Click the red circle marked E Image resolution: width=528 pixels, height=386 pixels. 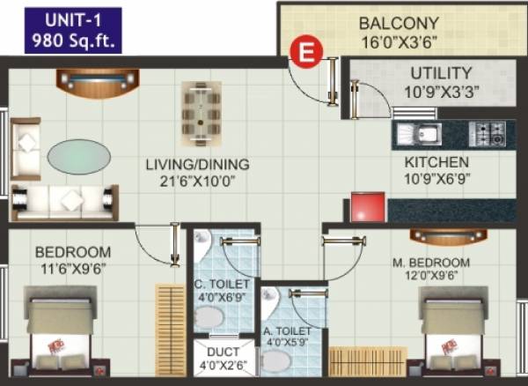pos(305,52)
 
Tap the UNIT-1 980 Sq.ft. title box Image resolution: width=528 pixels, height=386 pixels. pos(74,28)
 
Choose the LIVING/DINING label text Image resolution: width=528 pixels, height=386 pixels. pos(198,173)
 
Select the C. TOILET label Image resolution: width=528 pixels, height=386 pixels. pos(222,292)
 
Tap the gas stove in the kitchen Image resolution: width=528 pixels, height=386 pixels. pos(486,134)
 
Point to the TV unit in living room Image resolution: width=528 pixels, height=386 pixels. pos(92,81)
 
